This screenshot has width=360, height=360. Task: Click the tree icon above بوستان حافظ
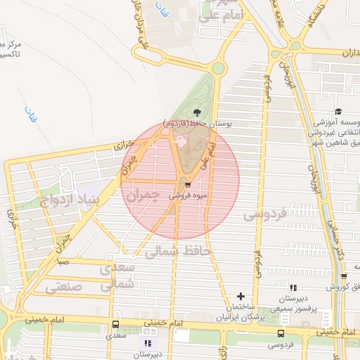196,112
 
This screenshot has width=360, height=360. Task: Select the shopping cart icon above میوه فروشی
188,185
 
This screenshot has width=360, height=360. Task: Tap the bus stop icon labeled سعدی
115,325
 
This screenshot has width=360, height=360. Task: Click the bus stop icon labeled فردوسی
281,333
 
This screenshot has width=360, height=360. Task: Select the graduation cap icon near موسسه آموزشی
338,112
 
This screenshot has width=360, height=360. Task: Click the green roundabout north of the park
218,68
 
